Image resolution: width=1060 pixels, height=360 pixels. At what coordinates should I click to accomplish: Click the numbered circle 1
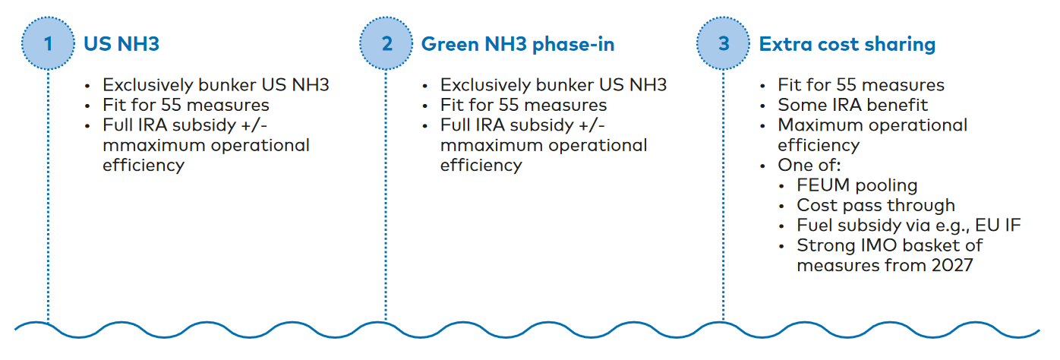coord(48,43)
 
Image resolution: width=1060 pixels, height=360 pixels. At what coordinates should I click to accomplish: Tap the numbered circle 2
coord(386,43)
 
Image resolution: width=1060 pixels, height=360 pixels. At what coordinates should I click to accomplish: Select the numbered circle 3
coord(723,43)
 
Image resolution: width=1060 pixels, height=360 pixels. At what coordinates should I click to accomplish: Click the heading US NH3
coord(121,44)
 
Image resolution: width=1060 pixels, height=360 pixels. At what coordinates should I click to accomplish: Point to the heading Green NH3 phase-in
coord(518,44)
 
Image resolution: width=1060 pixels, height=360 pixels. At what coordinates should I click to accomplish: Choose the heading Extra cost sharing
coord(847,44)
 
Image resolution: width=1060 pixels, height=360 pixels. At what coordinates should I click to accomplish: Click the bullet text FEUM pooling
coord(857,185)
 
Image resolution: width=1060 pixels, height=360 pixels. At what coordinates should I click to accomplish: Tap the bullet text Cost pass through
coord(876,205)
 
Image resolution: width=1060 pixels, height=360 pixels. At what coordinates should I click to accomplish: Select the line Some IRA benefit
coord(853,105)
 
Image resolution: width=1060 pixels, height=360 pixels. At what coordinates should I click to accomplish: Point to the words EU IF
coord(1004,225)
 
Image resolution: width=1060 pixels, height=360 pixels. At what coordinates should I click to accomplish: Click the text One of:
coord(809,165)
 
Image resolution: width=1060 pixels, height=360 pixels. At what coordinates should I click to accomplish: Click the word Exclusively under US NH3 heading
coord(148,85)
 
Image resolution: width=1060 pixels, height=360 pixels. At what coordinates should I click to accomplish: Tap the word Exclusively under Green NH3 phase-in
coord(485,85)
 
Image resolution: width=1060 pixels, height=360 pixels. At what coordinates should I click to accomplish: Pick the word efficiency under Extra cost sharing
coord(819,145)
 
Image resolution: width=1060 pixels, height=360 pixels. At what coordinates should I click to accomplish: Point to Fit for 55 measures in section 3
coord(861,84)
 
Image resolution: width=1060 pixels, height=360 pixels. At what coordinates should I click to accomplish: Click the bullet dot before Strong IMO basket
coord(781,247)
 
